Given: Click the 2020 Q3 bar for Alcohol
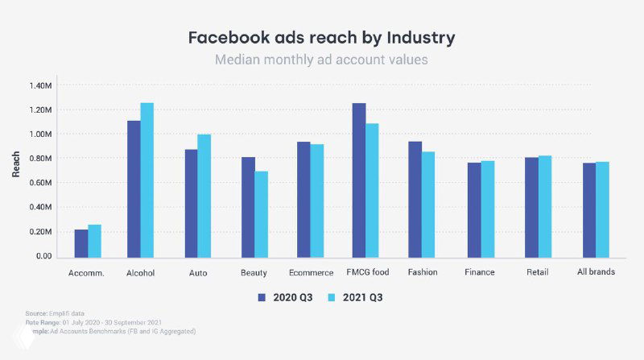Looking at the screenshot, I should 134,188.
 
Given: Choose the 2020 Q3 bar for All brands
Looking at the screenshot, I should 589,209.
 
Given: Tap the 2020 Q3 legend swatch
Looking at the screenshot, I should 262,297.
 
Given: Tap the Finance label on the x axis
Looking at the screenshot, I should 480,272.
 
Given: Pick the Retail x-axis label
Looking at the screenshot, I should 539,272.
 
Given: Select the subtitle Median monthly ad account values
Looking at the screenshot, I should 322,60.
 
